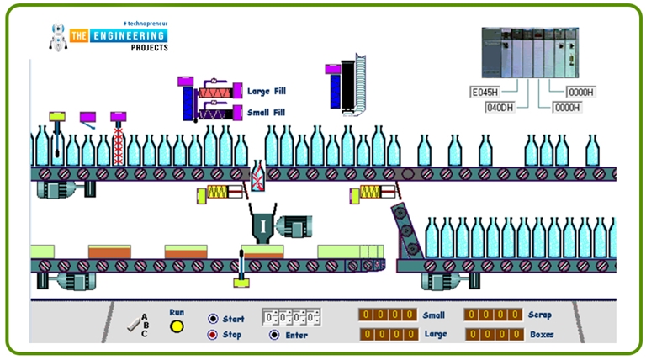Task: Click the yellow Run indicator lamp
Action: tap(177, 326)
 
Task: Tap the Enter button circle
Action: tap(274, 335)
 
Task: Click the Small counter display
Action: tap(387, 315)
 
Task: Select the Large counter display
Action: tap(387, 335)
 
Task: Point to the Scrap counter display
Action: tap(491, 315)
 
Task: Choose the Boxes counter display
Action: tap(491, 335)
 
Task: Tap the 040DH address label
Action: tap(503, 108)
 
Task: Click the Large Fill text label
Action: tap(272, 91)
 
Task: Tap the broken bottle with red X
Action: tap(258, 177)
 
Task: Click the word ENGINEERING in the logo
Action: tap(125, 35)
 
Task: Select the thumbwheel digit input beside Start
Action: tap(290, 317)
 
